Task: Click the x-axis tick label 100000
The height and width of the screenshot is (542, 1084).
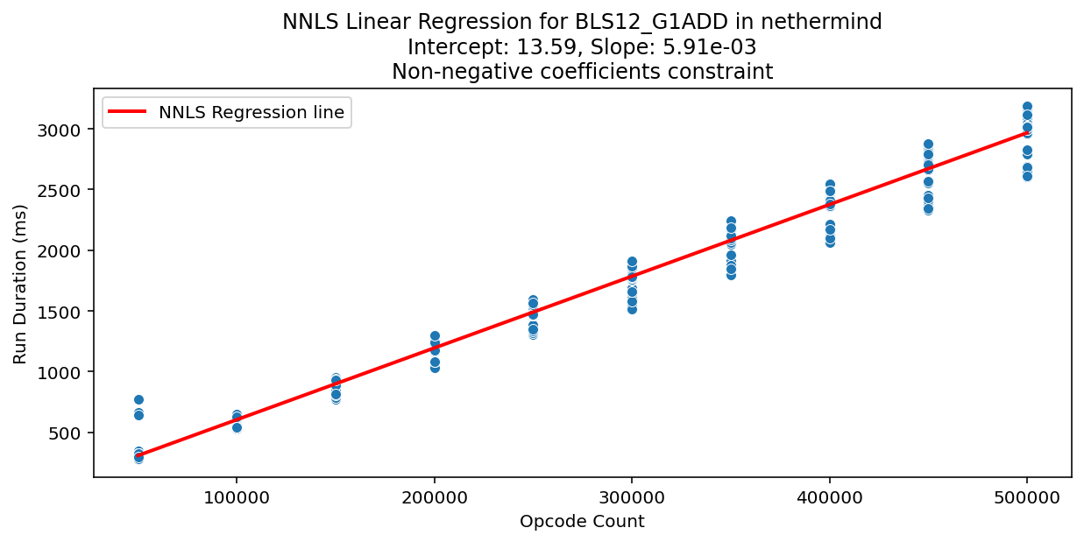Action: pyautogui.click(x=236, y=496)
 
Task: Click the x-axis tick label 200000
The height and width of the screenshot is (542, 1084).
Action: pyautogui.click(x=434, y=496)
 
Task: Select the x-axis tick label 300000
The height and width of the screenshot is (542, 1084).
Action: pyautogui.click(x=632, y=496)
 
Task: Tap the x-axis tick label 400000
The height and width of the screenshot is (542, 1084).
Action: pyautogui.click(x=829, y=496)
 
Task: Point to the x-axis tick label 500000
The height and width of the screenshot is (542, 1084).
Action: pyautogui.click(x=1027, y=496)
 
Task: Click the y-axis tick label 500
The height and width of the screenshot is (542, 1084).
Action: pyautogui.click(x=72, y=433)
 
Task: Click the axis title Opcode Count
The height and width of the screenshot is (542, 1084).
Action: pyautogui.click(x=582, y=522)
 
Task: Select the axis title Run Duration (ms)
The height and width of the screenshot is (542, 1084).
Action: pyautogui.click(x=20, y=284)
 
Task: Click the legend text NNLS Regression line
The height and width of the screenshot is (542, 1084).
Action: pyautogui.click(x=252, y=112)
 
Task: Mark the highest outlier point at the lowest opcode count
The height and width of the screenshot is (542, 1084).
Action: pyautogui.click(x=138, y=399)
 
